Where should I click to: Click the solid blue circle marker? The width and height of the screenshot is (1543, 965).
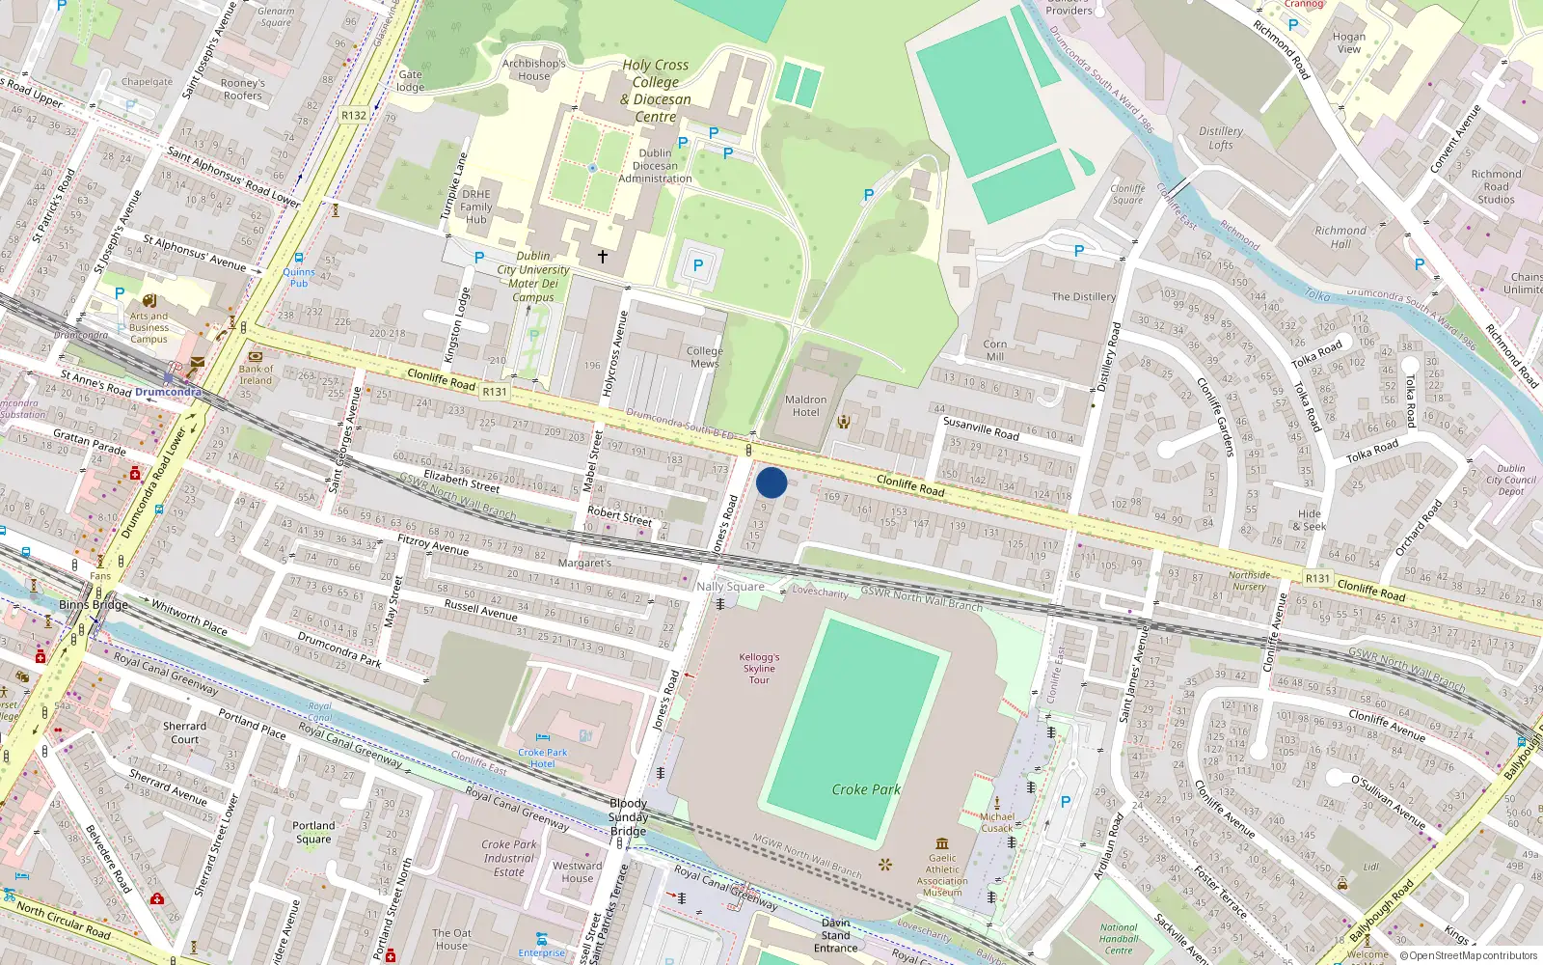[x=771, y=482]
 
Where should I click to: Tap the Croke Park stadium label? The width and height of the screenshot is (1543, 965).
[x=866, y=789]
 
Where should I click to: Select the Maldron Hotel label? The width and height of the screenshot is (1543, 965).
[x=805, y=405]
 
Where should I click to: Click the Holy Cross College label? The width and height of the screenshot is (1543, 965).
[x=656, y=91]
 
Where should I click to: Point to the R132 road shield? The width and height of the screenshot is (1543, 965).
[x=354, y=115]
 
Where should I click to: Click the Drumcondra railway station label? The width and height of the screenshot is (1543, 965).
[x=168, y=392]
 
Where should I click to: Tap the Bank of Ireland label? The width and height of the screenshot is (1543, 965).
[x=256, y=374]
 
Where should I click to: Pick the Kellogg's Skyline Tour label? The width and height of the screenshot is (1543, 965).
[x=759, y=668]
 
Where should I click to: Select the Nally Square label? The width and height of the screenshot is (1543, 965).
[x=730, y=587]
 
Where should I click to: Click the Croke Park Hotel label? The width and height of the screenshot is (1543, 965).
[x=543, y=758]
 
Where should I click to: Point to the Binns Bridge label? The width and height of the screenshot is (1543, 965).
[x=93, y=605]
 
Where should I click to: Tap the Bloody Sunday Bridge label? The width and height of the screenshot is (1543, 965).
[x=628, y=816]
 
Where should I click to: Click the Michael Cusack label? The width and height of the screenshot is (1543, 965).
[x=997, y=822]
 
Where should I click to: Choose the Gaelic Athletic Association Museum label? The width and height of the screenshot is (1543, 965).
[x=942, y=874]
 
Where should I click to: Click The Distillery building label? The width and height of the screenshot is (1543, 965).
[x=1083, y=296]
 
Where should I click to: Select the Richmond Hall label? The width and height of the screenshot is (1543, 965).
[x=1340, y=237]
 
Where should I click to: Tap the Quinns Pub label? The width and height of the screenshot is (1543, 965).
[x=299, y=277]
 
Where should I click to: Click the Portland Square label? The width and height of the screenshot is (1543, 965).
[x=313, y=832]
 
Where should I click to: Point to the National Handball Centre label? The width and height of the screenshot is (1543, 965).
[x=1119, y=939]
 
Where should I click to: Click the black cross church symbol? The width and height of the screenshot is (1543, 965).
[x=603, y=257]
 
